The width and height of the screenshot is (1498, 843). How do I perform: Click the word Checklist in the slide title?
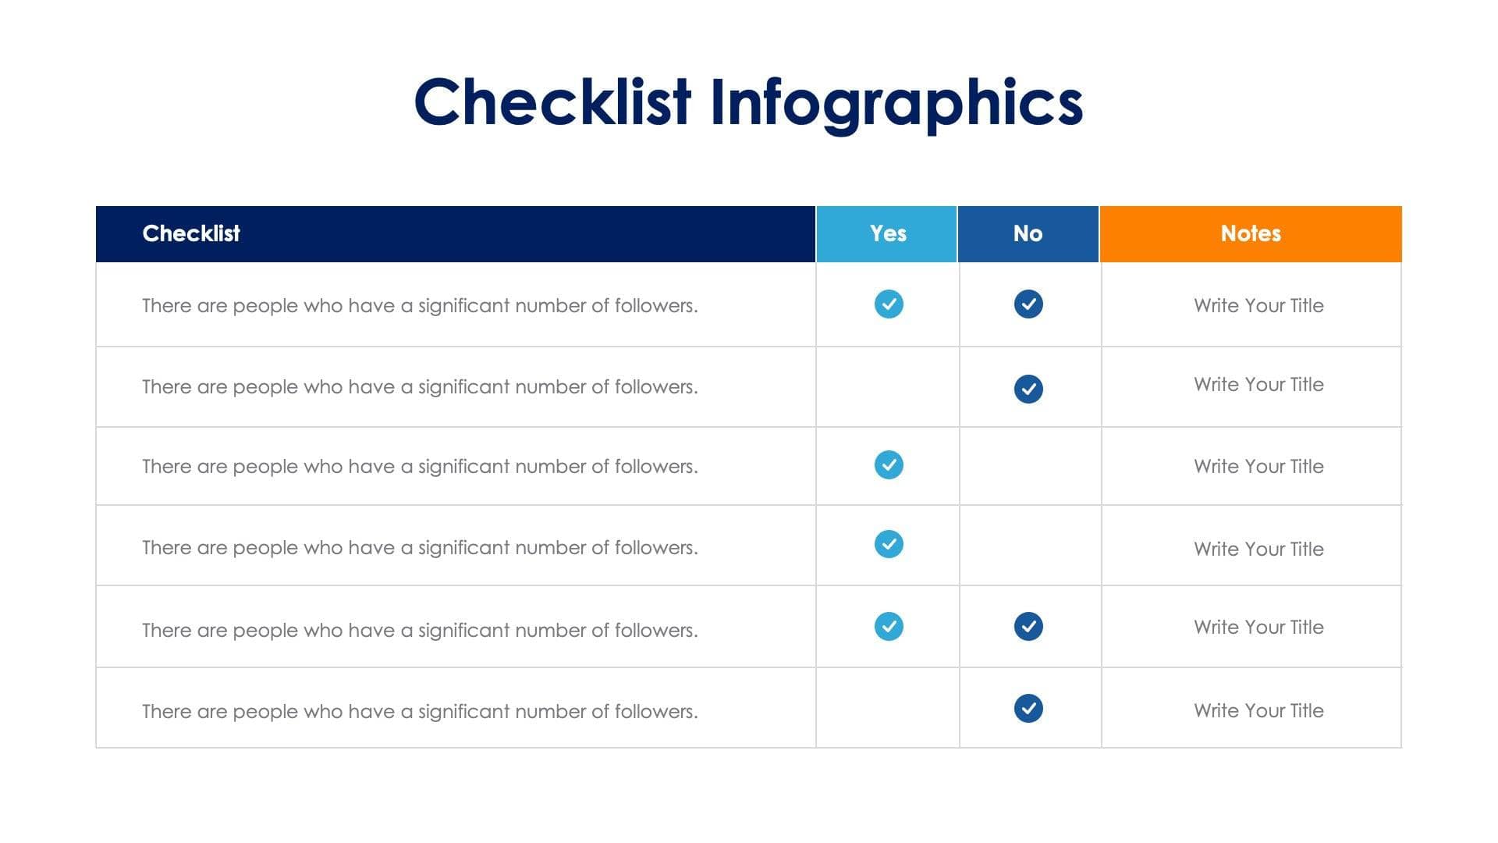(552, 102)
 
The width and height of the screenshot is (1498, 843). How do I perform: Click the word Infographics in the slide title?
(896, 102)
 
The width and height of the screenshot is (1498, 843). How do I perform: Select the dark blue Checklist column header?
(455, 233)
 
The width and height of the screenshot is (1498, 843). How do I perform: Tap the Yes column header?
(887, 233)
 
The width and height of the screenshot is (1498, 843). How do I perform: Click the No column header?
(1028, 233)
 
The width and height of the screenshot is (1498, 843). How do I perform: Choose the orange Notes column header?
(1250, 233)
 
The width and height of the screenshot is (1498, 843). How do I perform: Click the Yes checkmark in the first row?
(889, 304)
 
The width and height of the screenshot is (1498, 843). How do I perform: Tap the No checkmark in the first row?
(1028, 304)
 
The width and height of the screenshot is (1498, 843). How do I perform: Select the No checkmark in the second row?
(1028, 389)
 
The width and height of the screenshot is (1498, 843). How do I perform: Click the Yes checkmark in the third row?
(889, 464)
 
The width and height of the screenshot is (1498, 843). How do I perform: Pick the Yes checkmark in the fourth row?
(889, 544)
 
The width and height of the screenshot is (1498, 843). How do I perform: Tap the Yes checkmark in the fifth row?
(889, 626)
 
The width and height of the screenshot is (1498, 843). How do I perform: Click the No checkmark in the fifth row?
(1028, 626)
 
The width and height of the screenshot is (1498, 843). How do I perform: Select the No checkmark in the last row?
(1028, 708)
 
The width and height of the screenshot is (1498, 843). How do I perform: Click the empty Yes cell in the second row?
(887, 387)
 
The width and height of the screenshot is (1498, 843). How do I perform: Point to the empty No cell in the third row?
(1030, 466)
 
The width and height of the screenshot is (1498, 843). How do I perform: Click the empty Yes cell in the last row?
(887, 708)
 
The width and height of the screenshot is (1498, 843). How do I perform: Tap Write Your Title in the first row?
(1258, 305)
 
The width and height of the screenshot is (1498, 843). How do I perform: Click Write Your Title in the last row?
(1258, 710)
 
